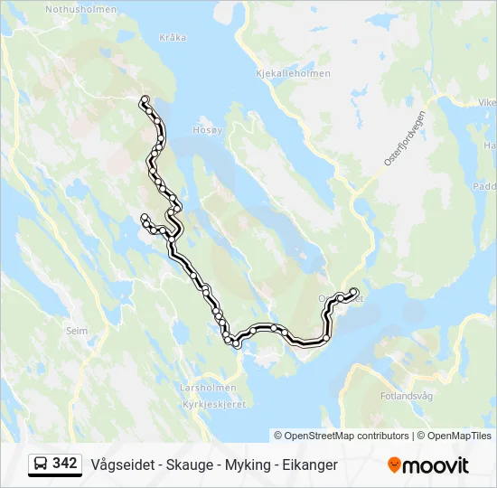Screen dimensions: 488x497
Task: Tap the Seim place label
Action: [77, 331]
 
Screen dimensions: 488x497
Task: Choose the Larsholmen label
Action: [208, 388]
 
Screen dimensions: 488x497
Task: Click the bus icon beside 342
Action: [41, 465]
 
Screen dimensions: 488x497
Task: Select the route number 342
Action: [65, 464]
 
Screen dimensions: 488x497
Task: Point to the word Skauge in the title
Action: [188, 465]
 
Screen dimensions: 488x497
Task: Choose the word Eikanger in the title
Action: [308, 465]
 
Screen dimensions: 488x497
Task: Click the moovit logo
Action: [428, 465]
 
